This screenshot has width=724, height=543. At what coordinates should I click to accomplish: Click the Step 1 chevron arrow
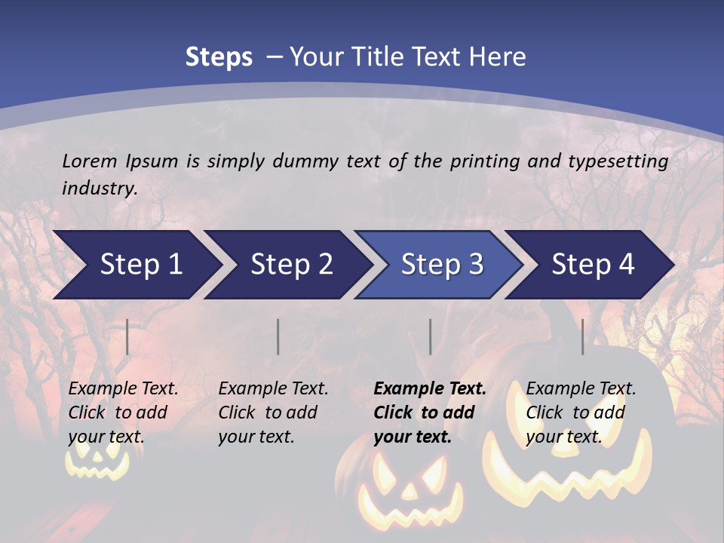point(136,265)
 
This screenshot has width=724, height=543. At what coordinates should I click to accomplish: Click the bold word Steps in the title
point(219,57)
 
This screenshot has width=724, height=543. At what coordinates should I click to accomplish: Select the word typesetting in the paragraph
point(621,161)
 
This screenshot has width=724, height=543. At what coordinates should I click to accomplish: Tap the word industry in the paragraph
point(99,188)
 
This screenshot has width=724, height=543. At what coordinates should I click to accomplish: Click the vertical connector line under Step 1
point(127,336)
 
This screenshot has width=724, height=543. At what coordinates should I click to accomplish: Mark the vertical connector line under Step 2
point(278,336)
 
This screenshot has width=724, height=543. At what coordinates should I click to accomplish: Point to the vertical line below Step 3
point(430,336)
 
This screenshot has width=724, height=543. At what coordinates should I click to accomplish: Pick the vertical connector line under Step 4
point(582,336)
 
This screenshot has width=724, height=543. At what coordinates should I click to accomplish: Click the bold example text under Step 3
point(429,413)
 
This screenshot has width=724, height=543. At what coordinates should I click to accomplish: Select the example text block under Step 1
point(123,413)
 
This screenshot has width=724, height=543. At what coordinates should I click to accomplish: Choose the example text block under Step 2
point(273,413)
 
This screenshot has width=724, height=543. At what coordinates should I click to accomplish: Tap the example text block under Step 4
point(581,413)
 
